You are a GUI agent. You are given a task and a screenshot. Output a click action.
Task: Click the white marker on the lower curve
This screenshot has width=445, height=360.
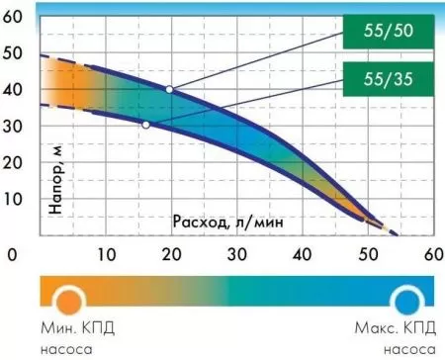(146, 125)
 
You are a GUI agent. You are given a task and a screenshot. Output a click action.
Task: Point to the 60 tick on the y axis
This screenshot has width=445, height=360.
(14, 16)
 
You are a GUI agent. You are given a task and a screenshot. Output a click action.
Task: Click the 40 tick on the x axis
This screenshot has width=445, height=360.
(301, 254)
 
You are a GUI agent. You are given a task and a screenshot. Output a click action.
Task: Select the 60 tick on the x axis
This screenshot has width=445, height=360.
(431, 254)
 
